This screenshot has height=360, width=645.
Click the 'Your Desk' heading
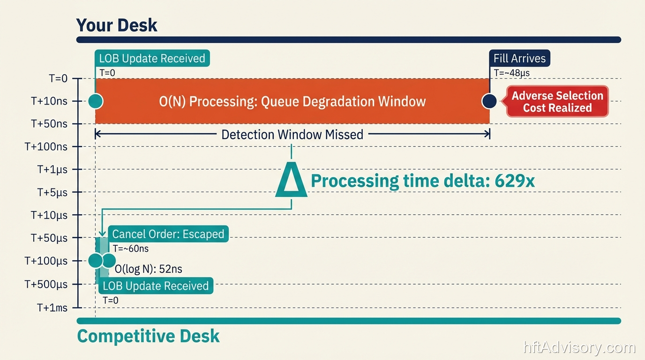117,25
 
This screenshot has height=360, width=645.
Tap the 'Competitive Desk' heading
148,336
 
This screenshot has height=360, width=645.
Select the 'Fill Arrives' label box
519,59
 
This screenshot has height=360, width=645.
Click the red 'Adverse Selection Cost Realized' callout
557,102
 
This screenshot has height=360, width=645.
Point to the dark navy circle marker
489,101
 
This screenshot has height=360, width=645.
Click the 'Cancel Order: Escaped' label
168,234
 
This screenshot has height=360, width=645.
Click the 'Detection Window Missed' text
292,135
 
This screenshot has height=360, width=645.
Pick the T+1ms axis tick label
52,308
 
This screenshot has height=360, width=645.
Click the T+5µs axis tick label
52,192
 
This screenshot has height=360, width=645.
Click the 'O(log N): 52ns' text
149,269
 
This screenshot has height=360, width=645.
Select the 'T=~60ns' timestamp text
130,248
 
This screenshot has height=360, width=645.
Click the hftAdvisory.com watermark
579,348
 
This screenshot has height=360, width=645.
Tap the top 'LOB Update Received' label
152,59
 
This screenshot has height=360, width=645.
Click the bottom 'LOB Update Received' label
155,286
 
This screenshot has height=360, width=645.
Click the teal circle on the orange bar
96,101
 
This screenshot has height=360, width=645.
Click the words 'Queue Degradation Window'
343,101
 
